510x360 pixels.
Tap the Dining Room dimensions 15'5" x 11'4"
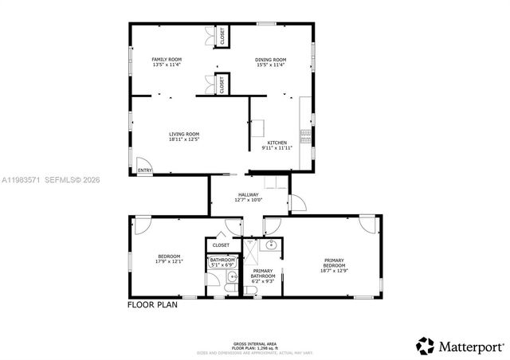click(x=271, y=65)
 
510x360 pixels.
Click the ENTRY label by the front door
click(x=144, y=170)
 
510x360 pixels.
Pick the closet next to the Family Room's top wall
click(x=222, y=35)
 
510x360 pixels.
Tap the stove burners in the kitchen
click(x=304, y=134)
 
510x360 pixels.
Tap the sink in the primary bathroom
click(x=271, y=245)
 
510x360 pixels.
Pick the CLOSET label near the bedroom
click(x=221, y=245)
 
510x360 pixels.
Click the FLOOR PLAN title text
click(x=153, y=304)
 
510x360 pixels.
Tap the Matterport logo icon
click(x=425, y=346)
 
